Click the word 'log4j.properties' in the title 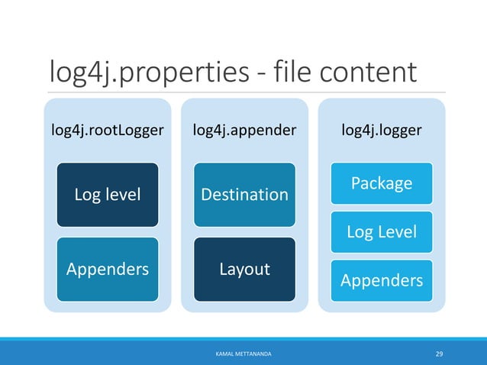pos(150,73)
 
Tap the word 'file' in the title pos(292,71)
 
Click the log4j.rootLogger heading pos(108,130)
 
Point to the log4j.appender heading pos(244,130)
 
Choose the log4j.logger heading pos(382,130)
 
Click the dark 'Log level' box pos(108,195)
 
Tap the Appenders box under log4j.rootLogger pos(108,270)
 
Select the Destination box pos(245,195)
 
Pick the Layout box pos(245,270)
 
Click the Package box pos(382,183)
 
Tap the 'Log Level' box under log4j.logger pos(382,232)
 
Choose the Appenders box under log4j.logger pos(382,281)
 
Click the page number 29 pos(439,354)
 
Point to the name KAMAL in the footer pos(224,354)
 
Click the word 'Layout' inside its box pos(245,269)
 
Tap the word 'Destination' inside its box pos(245,195)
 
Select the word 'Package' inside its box pos(382,183)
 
